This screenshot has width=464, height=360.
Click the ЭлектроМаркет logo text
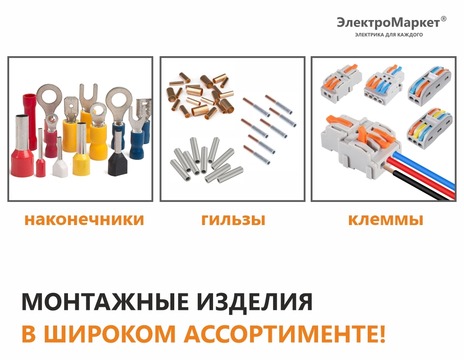(x=388, y=23)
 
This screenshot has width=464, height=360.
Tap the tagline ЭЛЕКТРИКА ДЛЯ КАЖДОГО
(x=389, y=35)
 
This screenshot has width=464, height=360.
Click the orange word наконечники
(x=84, y=219)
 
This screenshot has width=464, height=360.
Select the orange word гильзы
(x=233, y=219)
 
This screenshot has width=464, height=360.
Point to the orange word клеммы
(x=385, y=219)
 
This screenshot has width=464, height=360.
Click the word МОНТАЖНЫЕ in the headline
(x=105, y=302)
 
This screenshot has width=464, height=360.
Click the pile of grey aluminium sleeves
(x=207, y=161)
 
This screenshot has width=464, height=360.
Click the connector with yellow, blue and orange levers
(x=430, y=127)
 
